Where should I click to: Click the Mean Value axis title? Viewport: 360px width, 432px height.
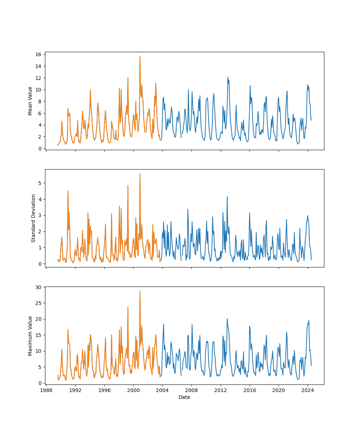(30, 101)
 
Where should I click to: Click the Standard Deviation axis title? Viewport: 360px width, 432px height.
(33, 218)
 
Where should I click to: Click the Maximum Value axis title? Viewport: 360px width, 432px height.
(30, 336)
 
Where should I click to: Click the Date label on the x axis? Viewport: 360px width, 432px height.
(184, 397)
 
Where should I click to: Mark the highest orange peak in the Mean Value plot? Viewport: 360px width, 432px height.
(140, 56)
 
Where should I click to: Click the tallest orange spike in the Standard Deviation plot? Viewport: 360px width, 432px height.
(140, 174)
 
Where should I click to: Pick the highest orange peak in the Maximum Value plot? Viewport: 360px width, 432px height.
(140, 291)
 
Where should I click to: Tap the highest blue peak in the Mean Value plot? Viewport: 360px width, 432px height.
(228, 77)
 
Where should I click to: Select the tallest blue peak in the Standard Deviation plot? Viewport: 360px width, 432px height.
(227, 197)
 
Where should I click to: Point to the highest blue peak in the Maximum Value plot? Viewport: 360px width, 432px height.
(227, 319)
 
